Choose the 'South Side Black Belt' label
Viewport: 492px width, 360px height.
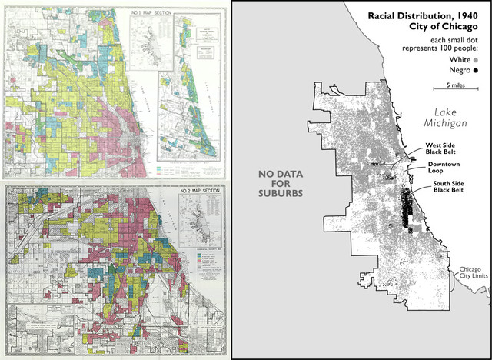[x=447, y=188]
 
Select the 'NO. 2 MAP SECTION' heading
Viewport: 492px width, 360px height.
[x=147, y=188]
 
